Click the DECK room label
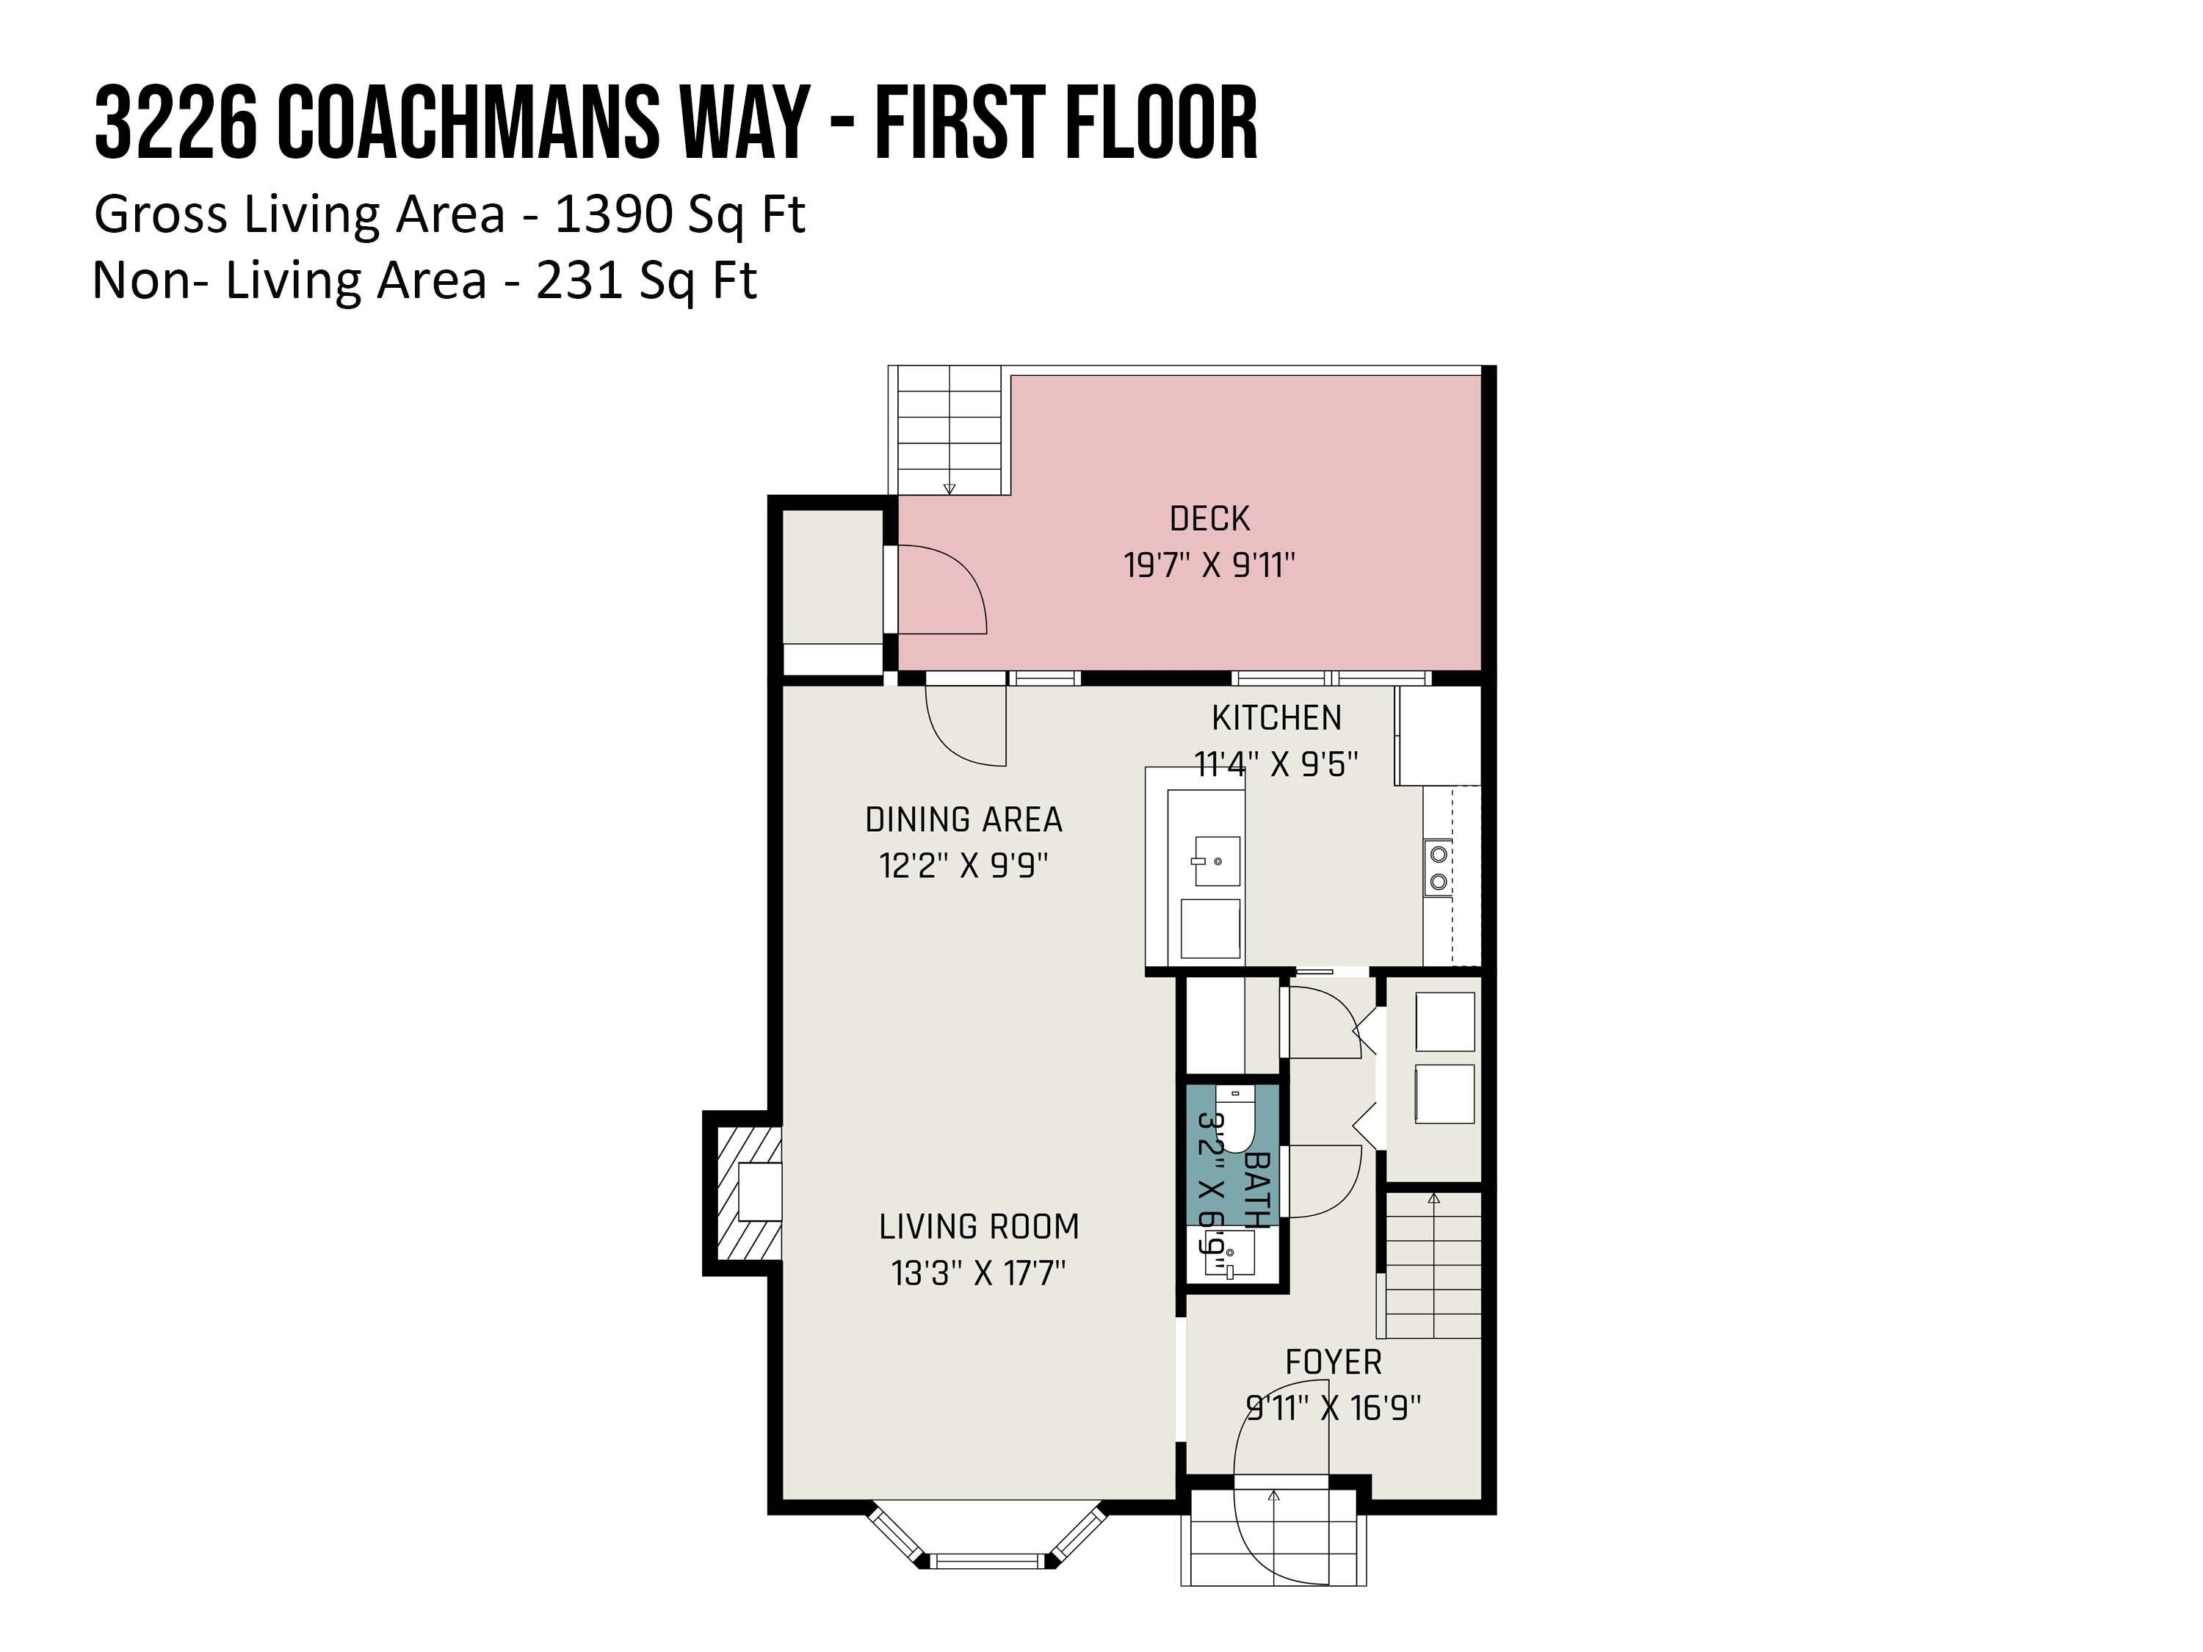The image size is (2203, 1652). pos(1209,519)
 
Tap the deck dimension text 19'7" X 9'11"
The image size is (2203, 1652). pos(1209,565)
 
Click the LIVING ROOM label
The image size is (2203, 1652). pos(978,1227)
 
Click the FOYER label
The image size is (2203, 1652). pos(1333,1362)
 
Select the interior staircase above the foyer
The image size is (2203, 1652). pos(1432,1264)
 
